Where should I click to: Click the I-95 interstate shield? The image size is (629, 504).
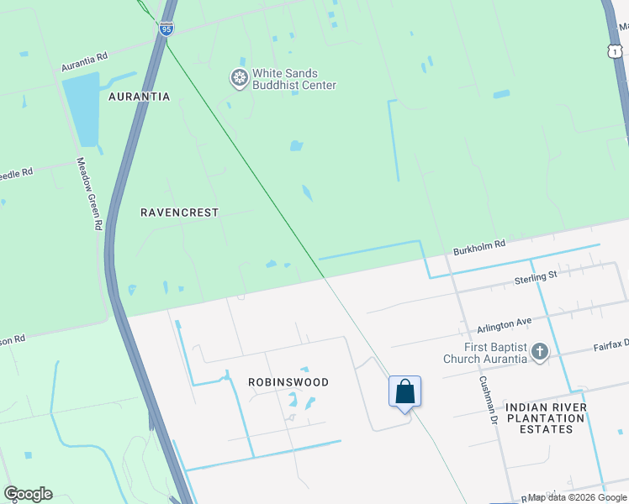[x=166, y=28]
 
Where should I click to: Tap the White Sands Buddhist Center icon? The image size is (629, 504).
[x=240, y=78]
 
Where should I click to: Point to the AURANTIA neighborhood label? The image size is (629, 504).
[x=140, y=97]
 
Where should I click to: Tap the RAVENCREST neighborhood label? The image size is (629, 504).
[x=179, y=213]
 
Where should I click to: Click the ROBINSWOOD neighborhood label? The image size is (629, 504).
[x=288, y=382]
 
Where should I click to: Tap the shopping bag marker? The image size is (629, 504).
[x=404, y=392]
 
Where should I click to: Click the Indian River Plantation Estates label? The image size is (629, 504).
[x=552, y=418]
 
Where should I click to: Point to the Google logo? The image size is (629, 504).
[x=28, y=494]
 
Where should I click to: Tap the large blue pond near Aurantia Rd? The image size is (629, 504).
[x=84, y=109]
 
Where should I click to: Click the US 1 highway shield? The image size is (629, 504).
[x=621, y=52]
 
